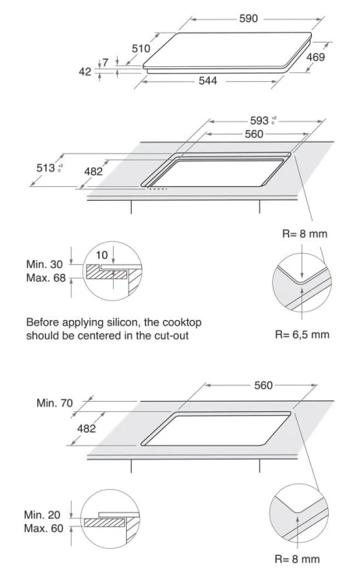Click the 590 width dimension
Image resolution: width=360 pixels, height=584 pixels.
(x=249, y=19)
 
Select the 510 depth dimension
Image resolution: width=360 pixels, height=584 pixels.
(x=141, y=48)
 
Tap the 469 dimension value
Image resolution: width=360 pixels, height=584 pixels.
(x=316, y=57)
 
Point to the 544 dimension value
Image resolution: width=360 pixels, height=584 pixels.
(x=207, y=81)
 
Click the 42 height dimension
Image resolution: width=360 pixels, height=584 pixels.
(x=85, y=72)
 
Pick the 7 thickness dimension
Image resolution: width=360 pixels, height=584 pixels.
(x=105, y=62)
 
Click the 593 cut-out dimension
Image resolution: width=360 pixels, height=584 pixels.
(x=259, y=121)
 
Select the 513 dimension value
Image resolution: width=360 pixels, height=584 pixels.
(x=46, y=168)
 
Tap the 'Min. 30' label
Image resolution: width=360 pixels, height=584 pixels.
(x=44, y=265)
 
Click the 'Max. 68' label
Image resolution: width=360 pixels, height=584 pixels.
(x=46, y=278)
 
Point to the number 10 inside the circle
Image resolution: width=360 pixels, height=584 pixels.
(x=102, y=255)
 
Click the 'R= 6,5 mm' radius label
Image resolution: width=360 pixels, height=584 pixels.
(x=302, y=335)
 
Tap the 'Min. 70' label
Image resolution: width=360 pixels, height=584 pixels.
(x=55, y=403)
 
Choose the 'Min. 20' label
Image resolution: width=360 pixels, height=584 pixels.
(x=42, y=515)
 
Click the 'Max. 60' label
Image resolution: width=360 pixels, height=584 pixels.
(x=44, y=529)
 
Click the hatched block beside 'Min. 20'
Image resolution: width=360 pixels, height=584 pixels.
(x=104, y=522)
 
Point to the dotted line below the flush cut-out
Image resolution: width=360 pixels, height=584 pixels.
(x=158, y=189)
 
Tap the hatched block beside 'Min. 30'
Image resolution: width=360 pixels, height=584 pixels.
(x=107, y=273)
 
